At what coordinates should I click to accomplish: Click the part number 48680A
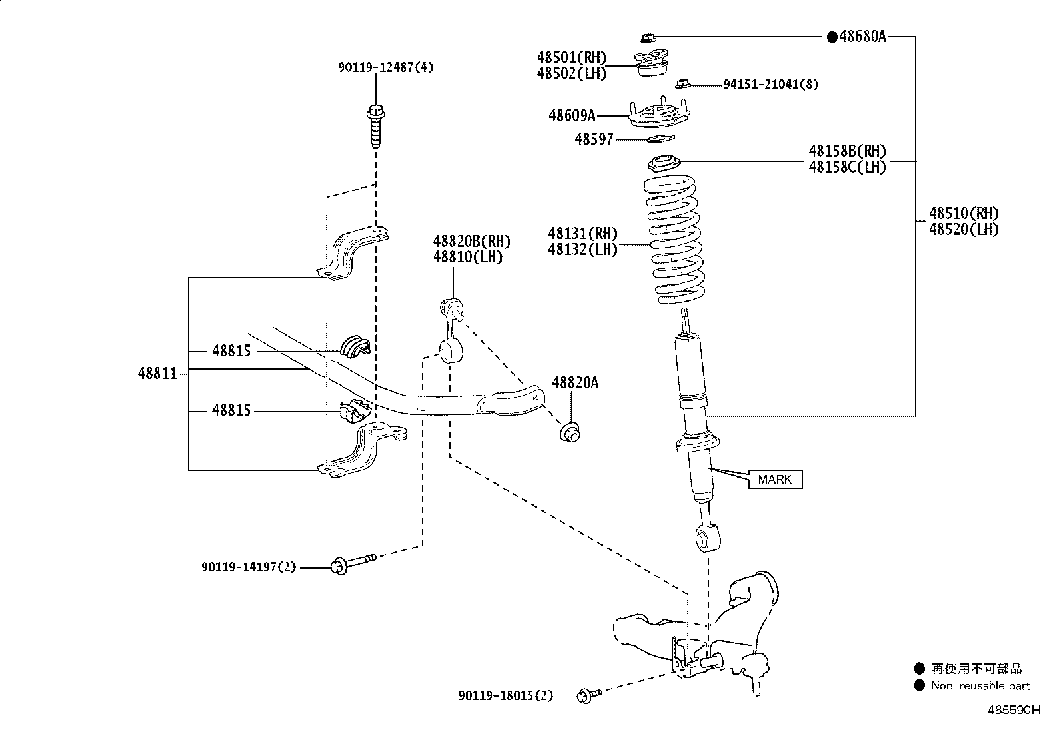point(862,37)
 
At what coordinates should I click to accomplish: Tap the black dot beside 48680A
point(832,37)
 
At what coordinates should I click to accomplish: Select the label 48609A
point(572,115)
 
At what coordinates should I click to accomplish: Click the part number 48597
point(594,139)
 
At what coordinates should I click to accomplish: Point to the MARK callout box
point(775,479)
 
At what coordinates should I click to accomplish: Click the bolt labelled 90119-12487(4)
point(376,125)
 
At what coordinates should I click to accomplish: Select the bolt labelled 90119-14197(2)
point(353,564)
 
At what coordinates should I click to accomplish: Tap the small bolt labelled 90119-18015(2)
point(589,695)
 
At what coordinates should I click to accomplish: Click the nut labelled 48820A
point(570,432)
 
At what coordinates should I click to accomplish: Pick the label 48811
point(157,374)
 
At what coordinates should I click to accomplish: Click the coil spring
point(674,240)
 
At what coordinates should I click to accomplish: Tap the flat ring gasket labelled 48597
point(660,139)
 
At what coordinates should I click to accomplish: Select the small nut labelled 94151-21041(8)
point(682,83)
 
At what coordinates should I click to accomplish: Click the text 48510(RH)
point(964,214)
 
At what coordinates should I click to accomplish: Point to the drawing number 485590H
point(1014,710)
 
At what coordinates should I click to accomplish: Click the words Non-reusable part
point(980,685)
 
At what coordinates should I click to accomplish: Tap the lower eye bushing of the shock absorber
point(708,538)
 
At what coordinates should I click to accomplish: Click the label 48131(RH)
point(582,234)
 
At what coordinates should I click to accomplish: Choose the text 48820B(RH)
point(471,242)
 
